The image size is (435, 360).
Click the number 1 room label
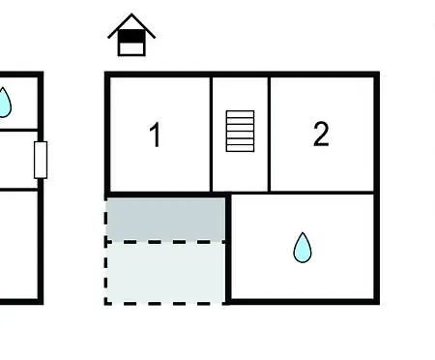pos(156,135)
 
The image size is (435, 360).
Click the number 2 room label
pos(321,134)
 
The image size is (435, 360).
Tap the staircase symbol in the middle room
pos(240,131)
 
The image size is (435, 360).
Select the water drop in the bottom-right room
pos(303,248)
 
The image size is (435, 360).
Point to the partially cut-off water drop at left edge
pos(5,103)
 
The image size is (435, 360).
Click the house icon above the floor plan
pos(131,35)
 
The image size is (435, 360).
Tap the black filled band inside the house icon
pos(131,37)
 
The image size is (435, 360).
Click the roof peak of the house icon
pos(131,15)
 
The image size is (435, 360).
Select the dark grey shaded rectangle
pos(166,219)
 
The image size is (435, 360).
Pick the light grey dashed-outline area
pos(166,273)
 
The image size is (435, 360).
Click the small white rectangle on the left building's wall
pos(41,160)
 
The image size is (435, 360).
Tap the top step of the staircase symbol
pos(240,114)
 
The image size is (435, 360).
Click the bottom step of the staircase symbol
pos(240,148)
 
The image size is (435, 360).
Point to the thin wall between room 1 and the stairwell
pos(211,135)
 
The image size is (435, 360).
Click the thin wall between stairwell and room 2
pos(269,135)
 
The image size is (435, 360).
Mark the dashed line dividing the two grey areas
pos(166,242)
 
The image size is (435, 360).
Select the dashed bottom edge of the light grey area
pos(166,303)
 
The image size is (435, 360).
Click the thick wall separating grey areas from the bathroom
pos(228,249)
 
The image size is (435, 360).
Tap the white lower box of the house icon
pos(131,48)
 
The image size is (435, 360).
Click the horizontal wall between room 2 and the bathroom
pos(321,193)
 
